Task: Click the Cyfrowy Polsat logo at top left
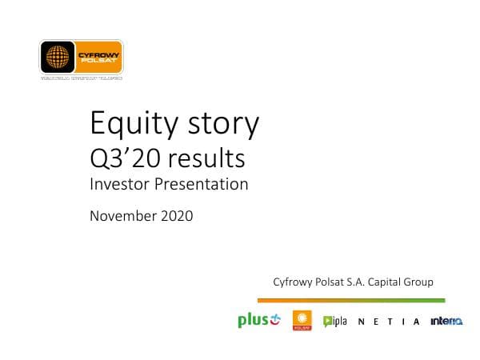click(x=81, y=58)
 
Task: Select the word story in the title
click(x=223, y=125)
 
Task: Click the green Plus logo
click(x=258, y=321)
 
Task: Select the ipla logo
click(x=334, y=321)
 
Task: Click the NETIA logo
click(x=388, y=322)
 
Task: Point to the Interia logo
click(x=446, y=322)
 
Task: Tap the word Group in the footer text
click(x=418, y=282)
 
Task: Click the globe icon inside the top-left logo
click(x=58, y=58)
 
